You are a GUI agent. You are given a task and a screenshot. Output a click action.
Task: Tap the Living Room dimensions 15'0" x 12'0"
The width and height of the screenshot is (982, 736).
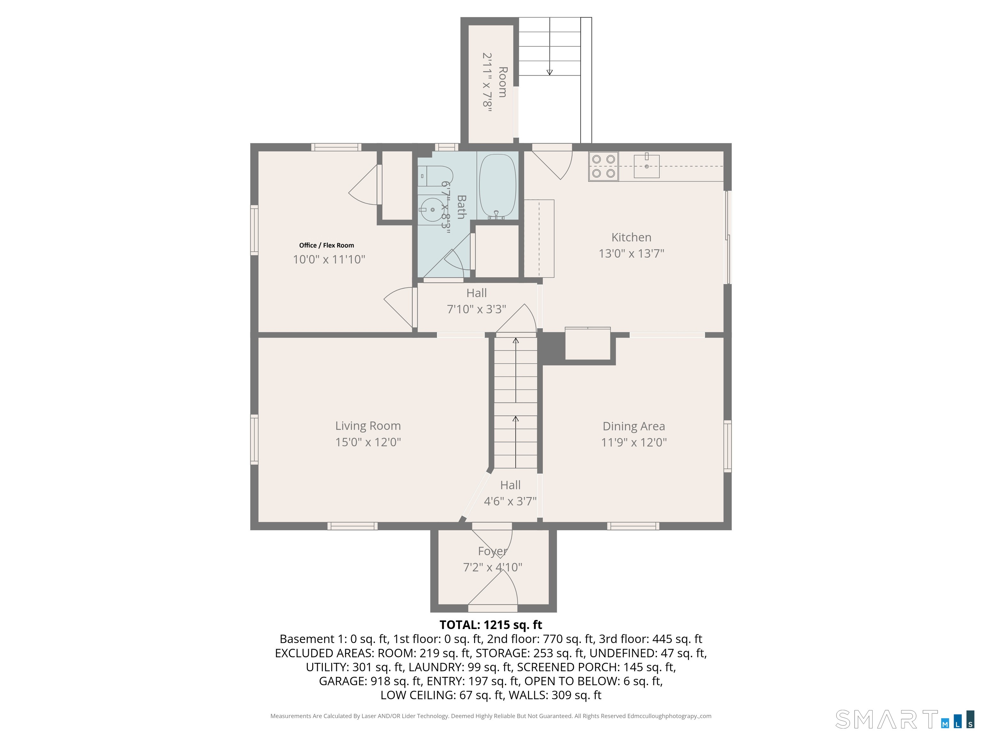point(368,442)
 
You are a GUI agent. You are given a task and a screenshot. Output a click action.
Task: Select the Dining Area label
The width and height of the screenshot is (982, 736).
point(634,426)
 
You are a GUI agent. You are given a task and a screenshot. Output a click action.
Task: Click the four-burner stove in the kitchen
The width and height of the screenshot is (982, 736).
point(603,166)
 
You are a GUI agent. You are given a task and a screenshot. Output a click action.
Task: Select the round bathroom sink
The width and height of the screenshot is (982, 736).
point(432,210)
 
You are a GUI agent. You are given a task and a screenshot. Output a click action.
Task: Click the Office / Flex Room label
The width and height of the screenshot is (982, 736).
point(326,245)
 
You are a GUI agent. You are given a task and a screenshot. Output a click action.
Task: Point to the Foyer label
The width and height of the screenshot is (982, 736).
point(492,551)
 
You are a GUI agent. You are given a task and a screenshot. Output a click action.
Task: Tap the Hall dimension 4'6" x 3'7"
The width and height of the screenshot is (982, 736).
point(510,501)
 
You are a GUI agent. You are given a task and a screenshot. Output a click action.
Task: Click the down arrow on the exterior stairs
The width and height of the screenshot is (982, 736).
point(549,72)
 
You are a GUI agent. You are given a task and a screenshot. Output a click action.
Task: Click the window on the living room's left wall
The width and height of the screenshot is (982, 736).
point(254,439)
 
